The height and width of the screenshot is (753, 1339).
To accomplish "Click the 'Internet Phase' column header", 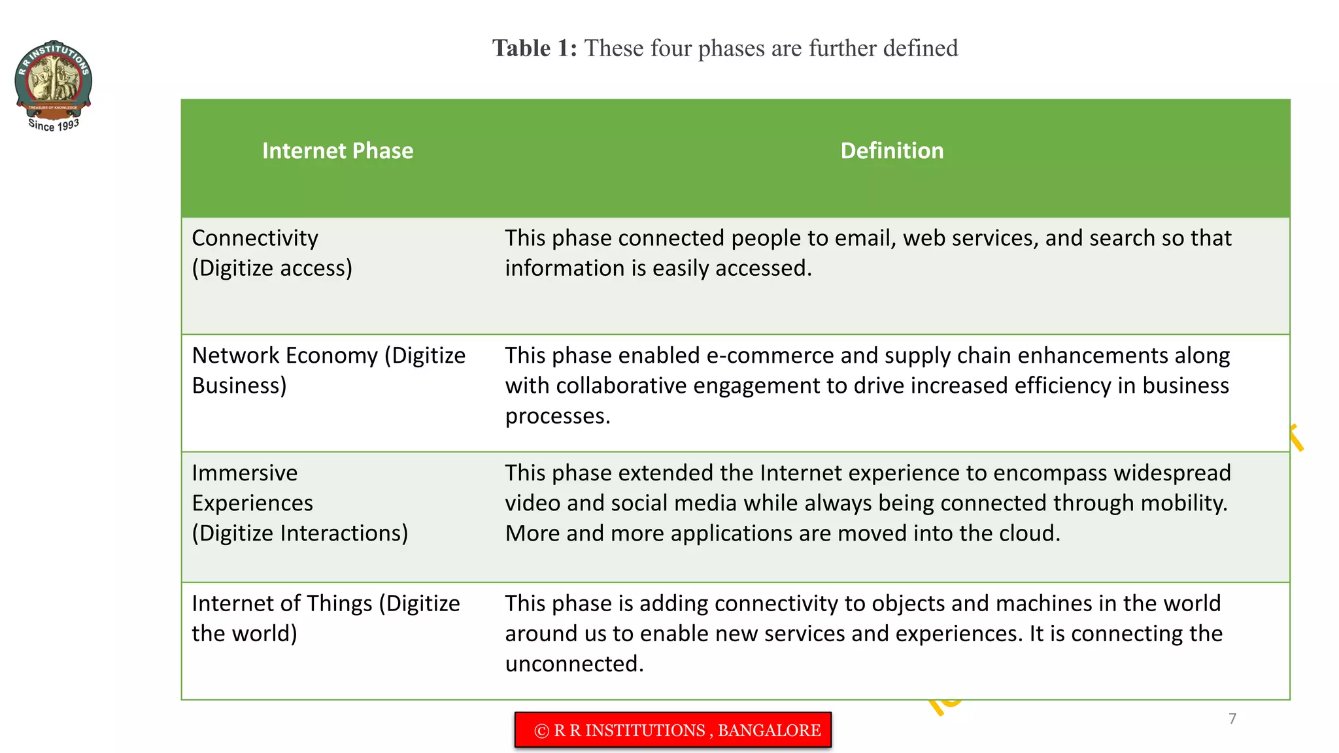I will tap(337, 151).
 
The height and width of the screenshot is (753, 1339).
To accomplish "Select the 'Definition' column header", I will tap(892, 151).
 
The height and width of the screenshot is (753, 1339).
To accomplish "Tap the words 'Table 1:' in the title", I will tap(534, 48).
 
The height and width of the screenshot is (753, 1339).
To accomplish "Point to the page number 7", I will tap(1232, 719).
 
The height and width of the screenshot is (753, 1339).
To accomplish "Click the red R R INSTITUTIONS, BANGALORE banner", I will tap(673, 730).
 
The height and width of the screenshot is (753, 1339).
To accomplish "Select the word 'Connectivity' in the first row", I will tap(255, 238).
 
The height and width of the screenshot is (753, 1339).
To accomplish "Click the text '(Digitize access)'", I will tap(272, 268).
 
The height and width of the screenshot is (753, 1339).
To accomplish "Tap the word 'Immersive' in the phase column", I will tap(245, 473).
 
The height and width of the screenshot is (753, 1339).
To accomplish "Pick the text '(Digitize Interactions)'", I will tap(300, 533).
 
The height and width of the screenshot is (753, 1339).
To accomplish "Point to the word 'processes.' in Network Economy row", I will tap(558, 416).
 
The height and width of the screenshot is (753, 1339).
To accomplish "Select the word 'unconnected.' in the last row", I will tap(574, 664).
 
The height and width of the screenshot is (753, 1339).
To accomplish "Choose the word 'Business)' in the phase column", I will tap(239, 386).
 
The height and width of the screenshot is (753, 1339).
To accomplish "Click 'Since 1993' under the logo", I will tap(54, 125).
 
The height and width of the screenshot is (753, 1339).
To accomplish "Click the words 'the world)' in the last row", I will tap(245, 633).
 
